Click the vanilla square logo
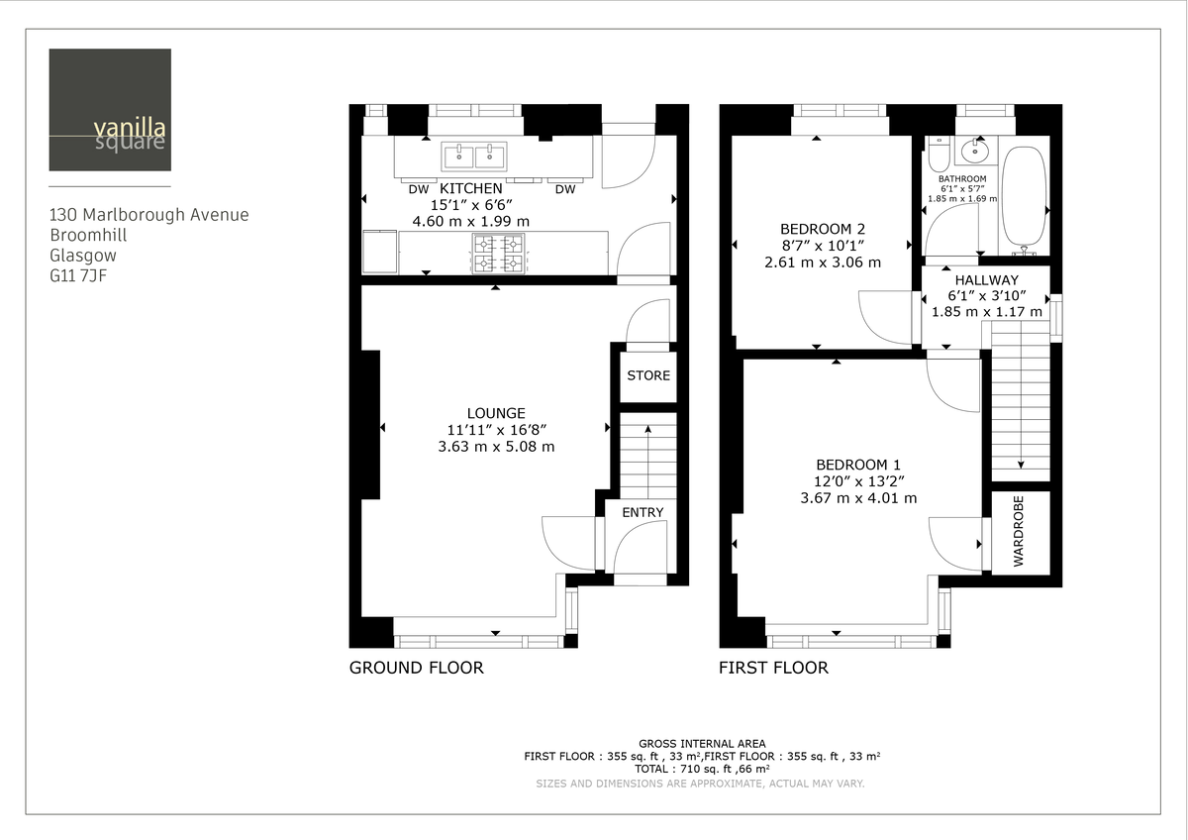pyautogui.click(x=109, y=110)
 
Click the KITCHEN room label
pyautogui.click(x=470, y=188)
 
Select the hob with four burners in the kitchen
pyautogui.click(x=499, y=253)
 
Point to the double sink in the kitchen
pyautogui.click(x=474, y=156)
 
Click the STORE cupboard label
pyautogui.click(x=648, y=375)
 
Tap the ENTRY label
pyautogui.click(x=643, y=512)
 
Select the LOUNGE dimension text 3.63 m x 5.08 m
pyautogui.click(x=496, y=447)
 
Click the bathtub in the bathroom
pyautogui.click(x=1023, y=196)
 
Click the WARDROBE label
pyautogui.click(x=1019, y=531)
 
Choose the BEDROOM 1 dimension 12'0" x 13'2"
pyautogui.click(x=858, y=481)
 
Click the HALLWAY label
pyautogui.click(x=986, y=280)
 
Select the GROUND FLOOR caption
pyautogui.click(x=416, y=668)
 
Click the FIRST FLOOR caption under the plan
pyautogui.click(x=773, y=668)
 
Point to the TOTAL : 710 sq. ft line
pyautogui.click(x=702, y=768)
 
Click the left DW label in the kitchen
pyautogui.click(x=418, y=189)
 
